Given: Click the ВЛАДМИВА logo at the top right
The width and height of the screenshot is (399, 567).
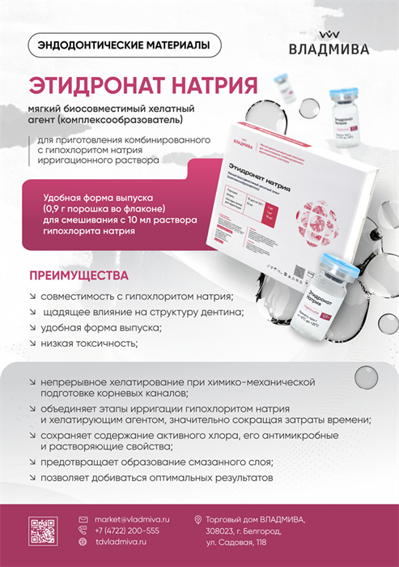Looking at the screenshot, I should click(329, 44).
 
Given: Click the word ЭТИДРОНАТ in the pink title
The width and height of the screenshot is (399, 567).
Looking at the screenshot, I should click(93, 85).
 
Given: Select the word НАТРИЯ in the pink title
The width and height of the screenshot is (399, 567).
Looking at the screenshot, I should click(212, 85).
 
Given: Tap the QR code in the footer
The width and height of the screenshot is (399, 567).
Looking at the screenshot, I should click(44, 530).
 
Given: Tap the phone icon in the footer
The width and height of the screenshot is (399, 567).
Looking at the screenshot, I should click(83, 530).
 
